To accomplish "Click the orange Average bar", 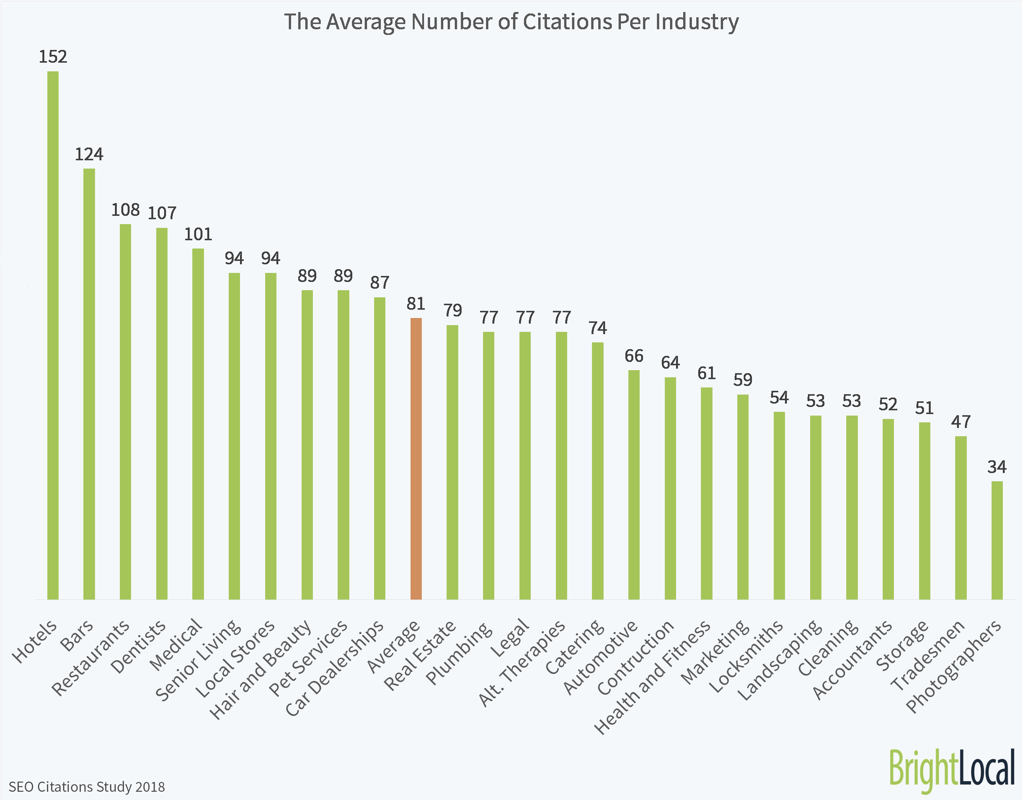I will (416, 459).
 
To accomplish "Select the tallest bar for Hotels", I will (53, 335).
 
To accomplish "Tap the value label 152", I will (53, 57).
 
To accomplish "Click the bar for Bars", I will (89, 384).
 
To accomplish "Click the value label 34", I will (997, 467).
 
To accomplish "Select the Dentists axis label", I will (139, 646).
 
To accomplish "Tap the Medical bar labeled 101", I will (198, 424).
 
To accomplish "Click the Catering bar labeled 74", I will (598, 471).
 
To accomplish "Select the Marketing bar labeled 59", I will (743, 497).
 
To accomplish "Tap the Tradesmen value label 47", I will (961, 422).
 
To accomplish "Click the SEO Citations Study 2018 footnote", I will (87, 786).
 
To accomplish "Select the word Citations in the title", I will (568, 22).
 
